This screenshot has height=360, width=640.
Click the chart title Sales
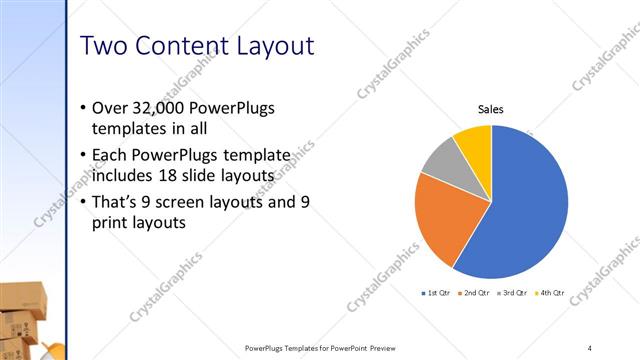490,109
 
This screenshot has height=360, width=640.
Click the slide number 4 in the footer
589,348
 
